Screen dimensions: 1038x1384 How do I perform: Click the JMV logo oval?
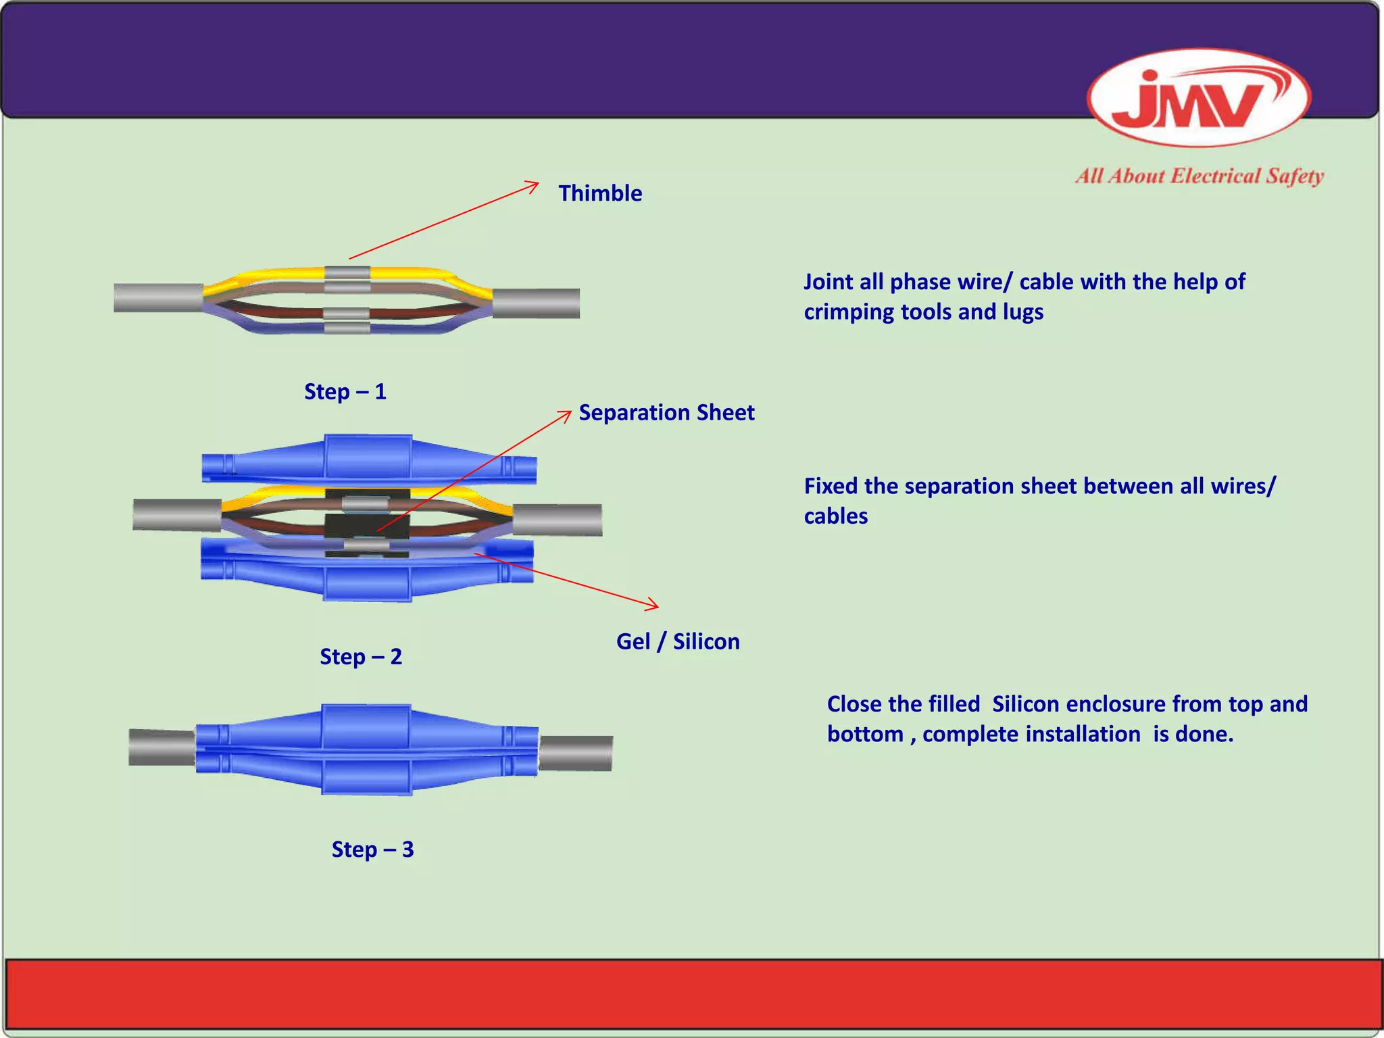pyautogui.click(x=1199, y=98)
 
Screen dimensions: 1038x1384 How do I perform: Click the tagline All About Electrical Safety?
pyautogui.click(x=1200, y=176)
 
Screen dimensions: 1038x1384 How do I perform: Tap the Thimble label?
pyautogui.click(x=599, y=193)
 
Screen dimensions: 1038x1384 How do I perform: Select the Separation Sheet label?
pyautogui.click(x=666, y=413)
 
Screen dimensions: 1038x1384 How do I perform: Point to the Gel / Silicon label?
pyautogui.click(x=677, y=641)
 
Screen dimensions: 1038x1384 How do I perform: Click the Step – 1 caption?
pyautogui.click(x=345, y=392)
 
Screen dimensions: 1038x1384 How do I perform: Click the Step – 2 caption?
pyautogui.click(x=360, y=657)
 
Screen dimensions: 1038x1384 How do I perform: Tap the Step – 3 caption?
pyautogui.click(x=372, y=849)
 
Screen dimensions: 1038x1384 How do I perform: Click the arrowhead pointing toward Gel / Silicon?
pyautogui.click(x=653, y=605)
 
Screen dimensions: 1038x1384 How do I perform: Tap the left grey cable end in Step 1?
pyautogui.click(x=157, y=298)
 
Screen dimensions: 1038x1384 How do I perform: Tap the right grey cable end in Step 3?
pyautogui.click(x=576, y=753)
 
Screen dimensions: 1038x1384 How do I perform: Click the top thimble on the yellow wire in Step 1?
pyautogui.click(x=347, y=274)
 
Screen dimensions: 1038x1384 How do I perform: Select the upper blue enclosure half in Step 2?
pyautogui.click(x=368, y=458)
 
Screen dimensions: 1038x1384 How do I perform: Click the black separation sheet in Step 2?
pyautogui.click(x=367, y=525)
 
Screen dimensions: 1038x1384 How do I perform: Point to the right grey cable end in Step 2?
pyautogui.click(x=558, y=520)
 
